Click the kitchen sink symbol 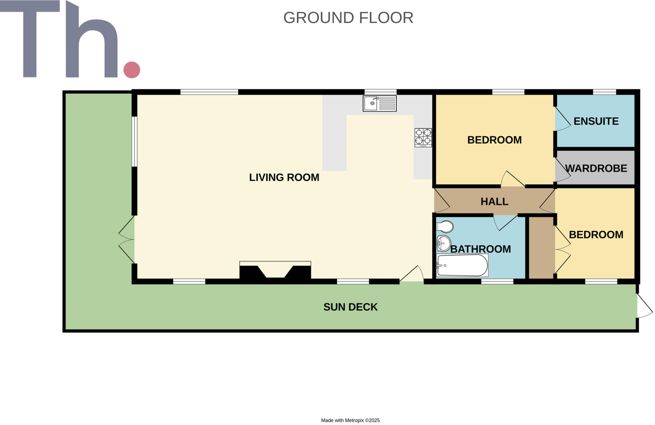tap(379, 103)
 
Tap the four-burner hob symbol tap(423, 138)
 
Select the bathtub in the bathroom tap(462, 265)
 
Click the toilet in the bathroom tap(445, 227)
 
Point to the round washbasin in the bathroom tap(444, 243)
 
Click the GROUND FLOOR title tap(348, 18)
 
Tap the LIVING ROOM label tap(284, 177)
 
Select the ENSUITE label tap(596, 121)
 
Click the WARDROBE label tap(596, 168)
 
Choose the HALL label tap(494, 201)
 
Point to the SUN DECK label tap(350, 307)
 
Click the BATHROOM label tap(480, 249)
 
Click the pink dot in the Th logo tap(132, 70)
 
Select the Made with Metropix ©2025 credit tap(350, 420)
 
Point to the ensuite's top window tap(604, 92)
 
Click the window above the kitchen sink tap(380, 92)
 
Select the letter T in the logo tap(30, 38)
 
